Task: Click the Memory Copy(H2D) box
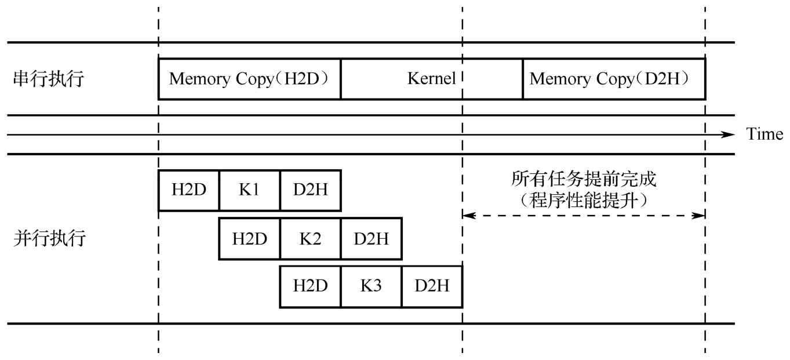coord(249,78)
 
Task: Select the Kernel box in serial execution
coord(431,78)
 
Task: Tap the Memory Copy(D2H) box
coord(614,78)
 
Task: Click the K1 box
coord(249,190)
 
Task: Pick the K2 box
coord(310,238)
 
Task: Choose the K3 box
coord(371,286)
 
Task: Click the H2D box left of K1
coord(188,190)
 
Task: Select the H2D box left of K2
coord(249,238)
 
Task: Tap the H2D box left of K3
coord(310,286)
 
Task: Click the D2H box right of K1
coord(310,190)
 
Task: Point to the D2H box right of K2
coord(371,238)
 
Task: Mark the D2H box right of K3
coord(432,286)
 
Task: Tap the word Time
coord(764,134)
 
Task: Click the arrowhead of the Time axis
coord(729,134)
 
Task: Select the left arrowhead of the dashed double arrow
coord(467,216)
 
